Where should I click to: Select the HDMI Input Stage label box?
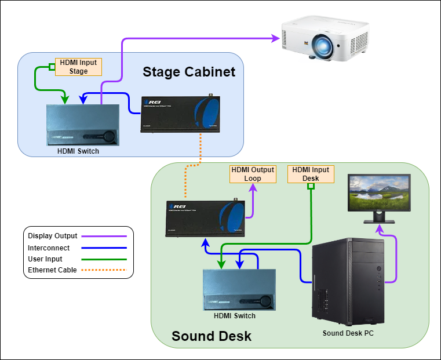pos(78,67)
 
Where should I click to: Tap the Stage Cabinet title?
pos(189,72)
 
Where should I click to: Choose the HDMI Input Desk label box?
pos(311,174)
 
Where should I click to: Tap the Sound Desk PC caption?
pos(348,333)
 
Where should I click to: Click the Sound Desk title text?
pos(212,336)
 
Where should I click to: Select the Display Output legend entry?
pos(54,236)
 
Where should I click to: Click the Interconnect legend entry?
pos(49,248)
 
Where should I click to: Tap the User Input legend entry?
pos(45,259)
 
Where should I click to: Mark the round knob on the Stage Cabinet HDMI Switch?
pos(110,137)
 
